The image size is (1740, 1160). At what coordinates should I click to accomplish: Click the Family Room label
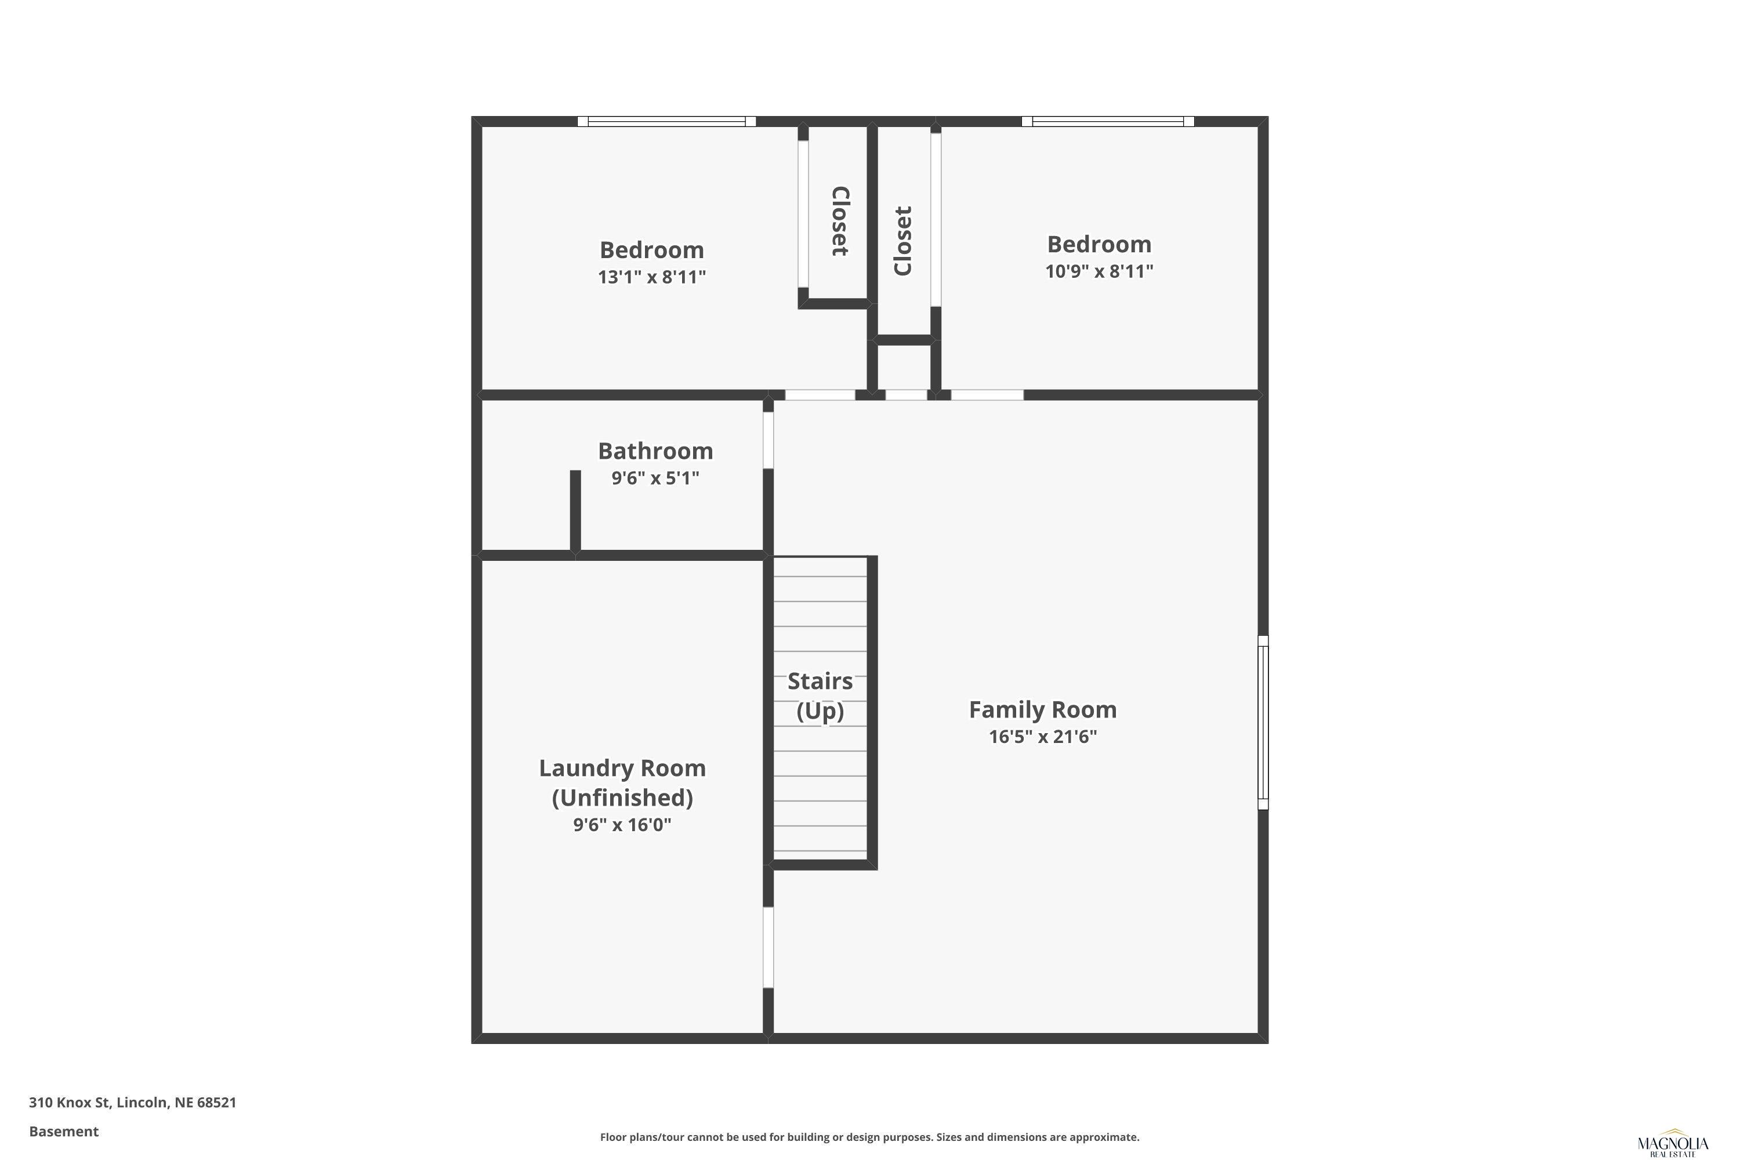pos(1042,709)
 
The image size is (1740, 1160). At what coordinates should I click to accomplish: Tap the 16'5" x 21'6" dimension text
pos(1042,737)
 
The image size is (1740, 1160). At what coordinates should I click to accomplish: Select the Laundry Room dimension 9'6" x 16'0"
pos(622,825)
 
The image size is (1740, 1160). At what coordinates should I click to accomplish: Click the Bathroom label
pos(655,451)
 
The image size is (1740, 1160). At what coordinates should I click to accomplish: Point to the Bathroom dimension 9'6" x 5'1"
pos(655,478)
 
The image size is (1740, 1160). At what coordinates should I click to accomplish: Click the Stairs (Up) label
pos(820,695)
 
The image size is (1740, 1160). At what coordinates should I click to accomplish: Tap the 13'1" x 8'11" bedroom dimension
pos(652,277)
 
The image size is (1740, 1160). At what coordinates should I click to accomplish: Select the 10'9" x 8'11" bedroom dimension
pos(1099,271)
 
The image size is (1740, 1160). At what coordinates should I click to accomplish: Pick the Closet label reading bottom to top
pos(902,241)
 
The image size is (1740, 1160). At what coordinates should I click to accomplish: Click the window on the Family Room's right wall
pos(1264,722)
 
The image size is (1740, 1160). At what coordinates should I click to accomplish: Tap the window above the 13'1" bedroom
pos(666,121)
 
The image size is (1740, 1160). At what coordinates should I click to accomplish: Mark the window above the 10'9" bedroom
pos(1107,121)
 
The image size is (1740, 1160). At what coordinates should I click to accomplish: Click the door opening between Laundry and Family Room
pos(768,947)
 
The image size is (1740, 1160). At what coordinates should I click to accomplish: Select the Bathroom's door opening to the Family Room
pos(768,440)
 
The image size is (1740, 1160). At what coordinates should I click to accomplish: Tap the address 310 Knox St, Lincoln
pos(132,1103)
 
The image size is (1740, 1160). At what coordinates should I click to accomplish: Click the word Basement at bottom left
pos(64,1131)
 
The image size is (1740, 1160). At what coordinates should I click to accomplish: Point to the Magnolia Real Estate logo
pos(1673,1144)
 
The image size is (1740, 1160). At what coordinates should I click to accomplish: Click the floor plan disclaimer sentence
pos(869,1137)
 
